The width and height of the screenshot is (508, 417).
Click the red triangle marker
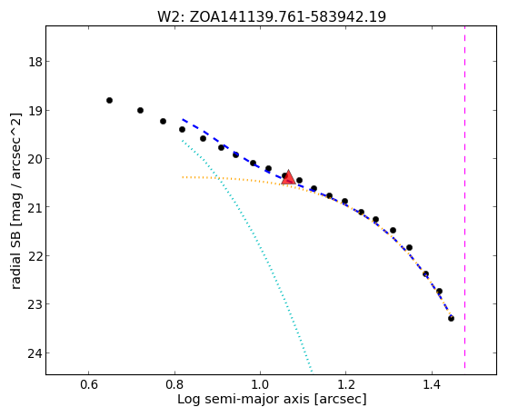(x=288, y=177)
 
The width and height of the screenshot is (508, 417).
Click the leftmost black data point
(x=109, y=101)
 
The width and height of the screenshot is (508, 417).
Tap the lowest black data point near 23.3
(x=451, y=319)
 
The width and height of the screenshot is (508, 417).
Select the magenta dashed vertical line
(x=465, y=197)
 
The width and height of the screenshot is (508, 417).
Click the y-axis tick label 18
(x=35, y=62)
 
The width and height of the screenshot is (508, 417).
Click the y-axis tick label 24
(x=35, y=353)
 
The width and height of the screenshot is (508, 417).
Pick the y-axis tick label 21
(x=35, y=207)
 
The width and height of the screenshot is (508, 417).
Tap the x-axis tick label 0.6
(x=88, y=385)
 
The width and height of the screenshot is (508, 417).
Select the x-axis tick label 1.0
(x=261, y=385)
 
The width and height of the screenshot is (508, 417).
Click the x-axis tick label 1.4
(x=432, y=385)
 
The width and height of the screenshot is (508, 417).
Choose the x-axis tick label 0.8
(x=174, y=385)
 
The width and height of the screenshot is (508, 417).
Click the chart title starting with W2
(x=272, y=16)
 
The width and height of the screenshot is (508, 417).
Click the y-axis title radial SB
(x=15, y=201)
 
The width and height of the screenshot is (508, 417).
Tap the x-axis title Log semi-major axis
(x=272, y=399)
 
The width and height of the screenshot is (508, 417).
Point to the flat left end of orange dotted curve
(x=183, y=177)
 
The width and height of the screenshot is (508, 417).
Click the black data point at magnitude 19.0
(x=140, y=111)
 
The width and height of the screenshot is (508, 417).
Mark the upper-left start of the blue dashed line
(x=183, y=120)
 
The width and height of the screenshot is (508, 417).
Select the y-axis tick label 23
(x=35, y=304)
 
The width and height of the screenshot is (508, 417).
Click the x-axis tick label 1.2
(x=346, y=385)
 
